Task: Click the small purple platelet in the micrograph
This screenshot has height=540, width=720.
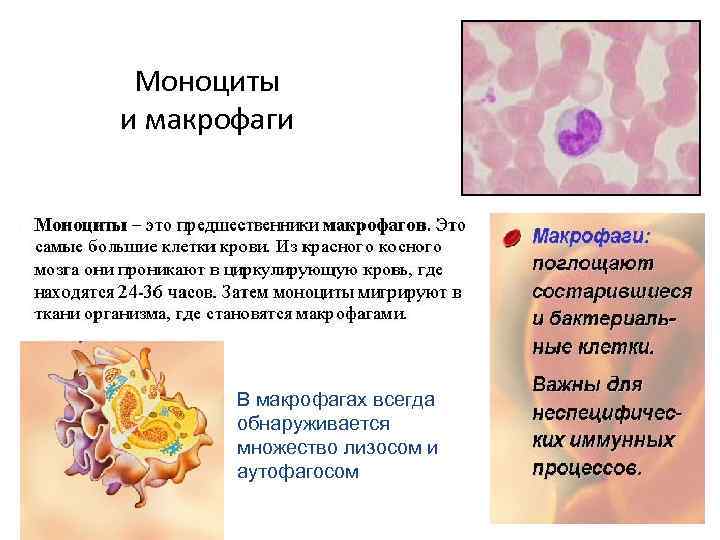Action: click(489, 96)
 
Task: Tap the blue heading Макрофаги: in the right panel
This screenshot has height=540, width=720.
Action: click(590, 238)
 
